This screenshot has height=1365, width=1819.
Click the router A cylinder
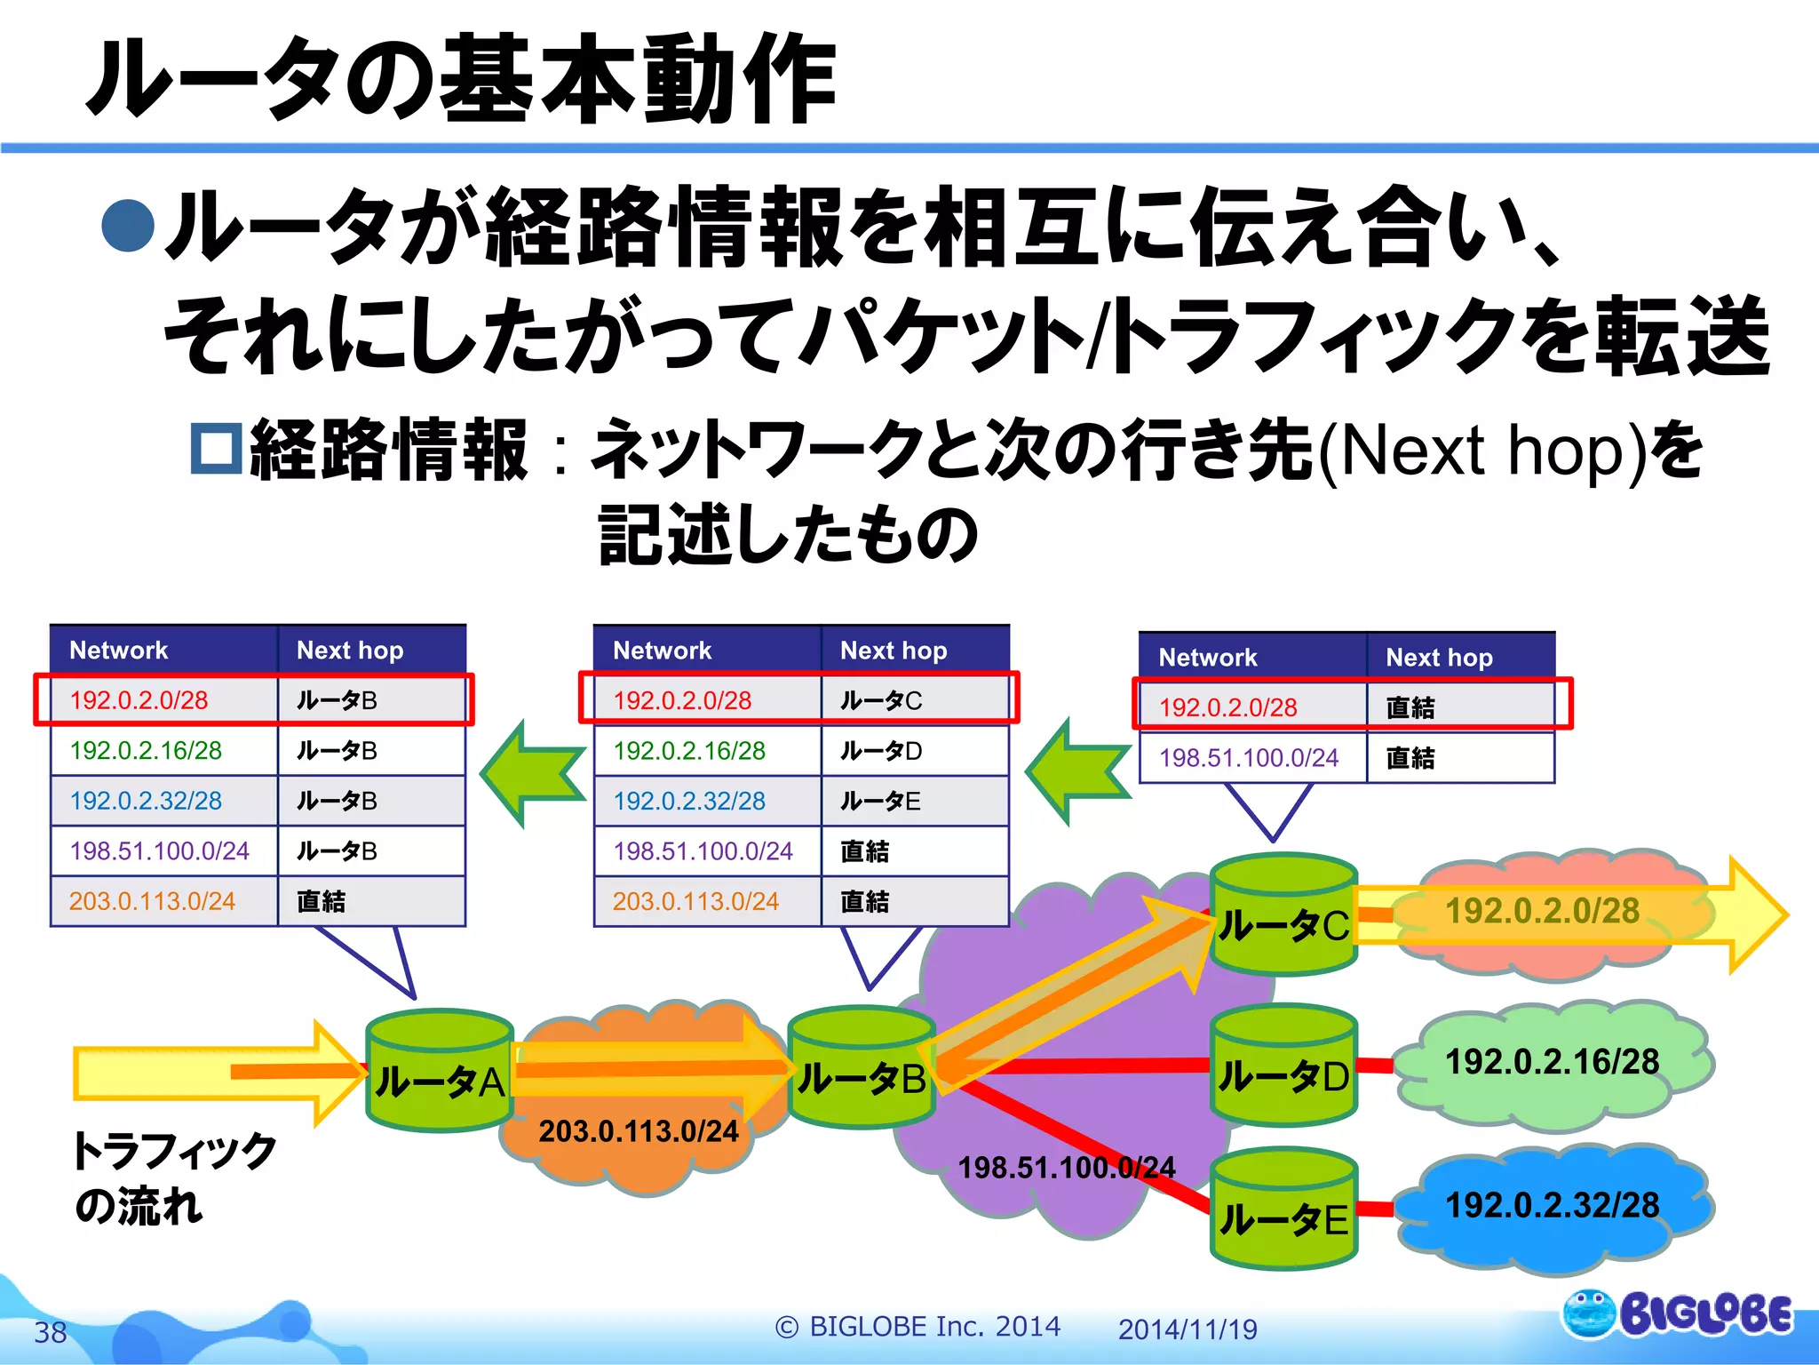[440, 1071]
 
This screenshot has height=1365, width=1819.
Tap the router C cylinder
[1283, 915]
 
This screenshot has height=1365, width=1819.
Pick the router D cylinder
[1283, 1066]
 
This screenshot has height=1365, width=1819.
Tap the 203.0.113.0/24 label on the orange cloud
[639, 1131]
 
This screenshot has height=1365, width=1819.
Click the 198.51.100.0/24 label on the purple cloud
[1066, 1168]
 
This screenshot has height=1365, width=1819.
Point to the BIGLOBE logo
[1677, 1313]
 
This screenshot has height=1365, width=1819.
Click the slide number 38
[51, 1332]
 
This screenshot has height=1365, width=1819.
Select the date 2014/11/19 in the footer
[1188, 1329]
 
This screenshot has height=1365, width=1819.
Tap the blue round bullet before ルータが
[128, 225]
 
